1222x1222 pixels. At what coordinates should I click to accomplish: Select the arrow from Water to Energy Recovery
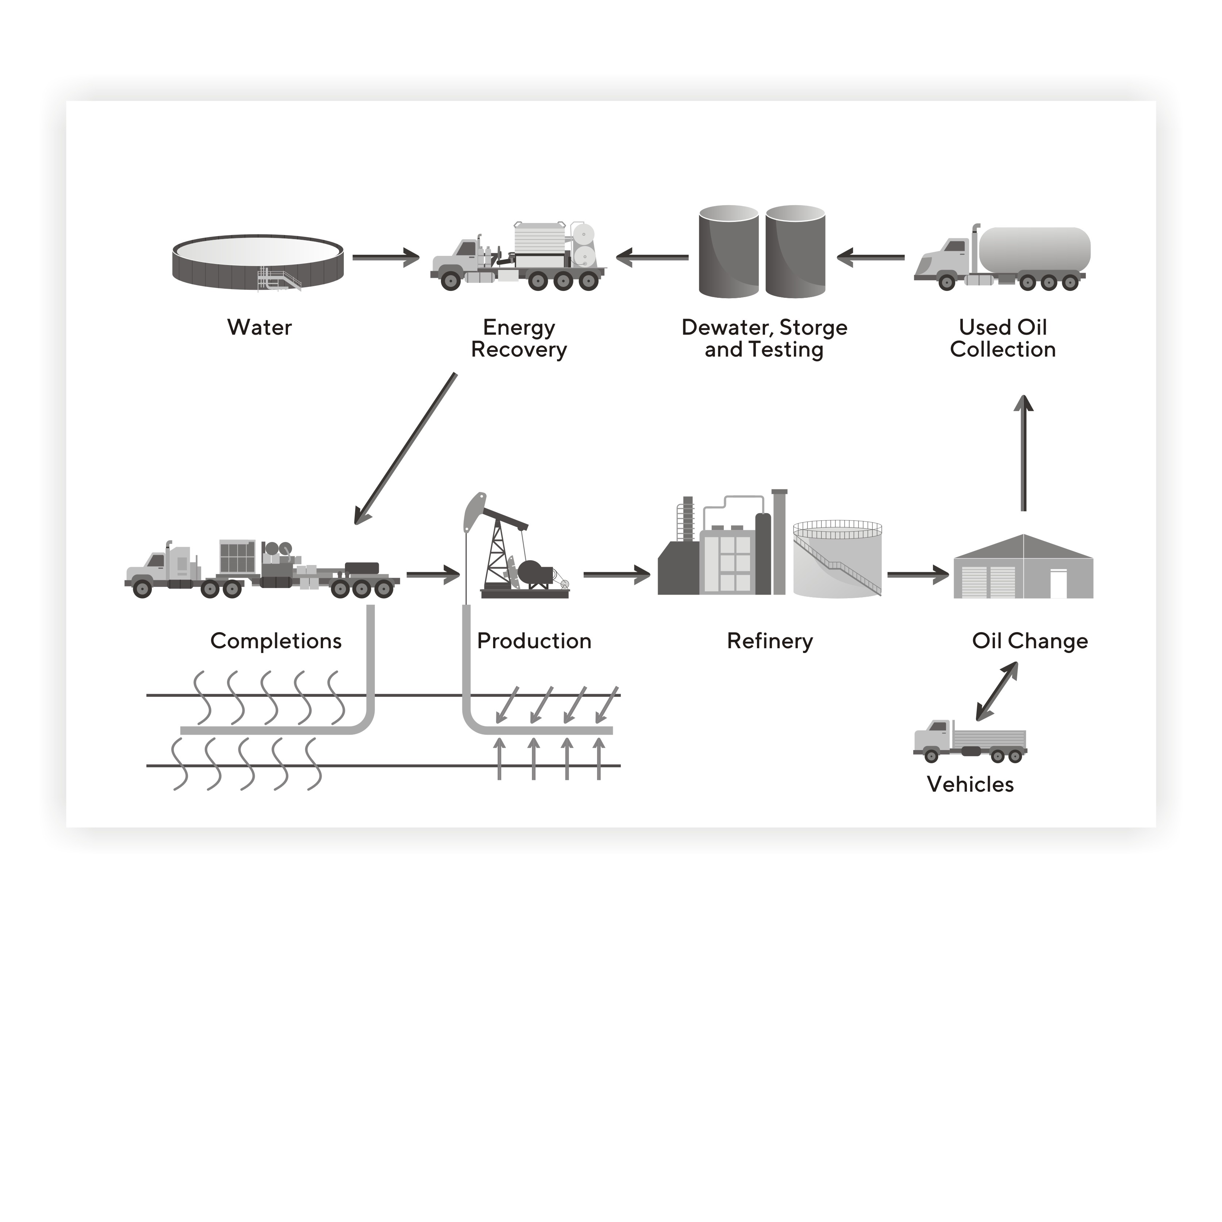point(386,257)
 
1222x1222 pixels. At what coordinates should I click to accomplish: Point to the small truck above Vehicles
point(970,741)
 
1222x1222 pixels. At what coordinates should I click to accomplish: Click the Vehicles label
point(970,785)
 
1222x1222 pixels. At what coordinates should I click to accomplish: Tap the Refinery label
point(770,641)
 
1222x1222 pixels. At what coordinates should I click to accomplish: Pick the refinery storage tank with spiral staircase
point(837,560)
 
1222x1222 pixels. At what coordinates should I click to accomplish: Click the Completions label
point(276,641)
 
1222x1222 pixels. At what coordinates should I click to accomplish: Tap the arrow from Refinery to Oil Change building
point(918,574)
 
